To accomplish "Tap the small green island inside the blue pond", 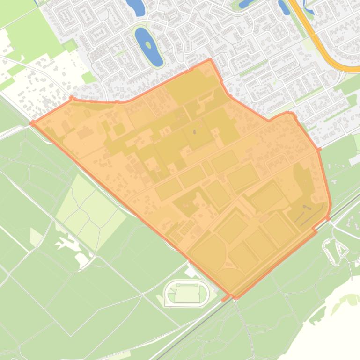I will tap(148, 45).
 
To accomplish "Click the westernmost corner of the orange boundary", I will tap(32, 123).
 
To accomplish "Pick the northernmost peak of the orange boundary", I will tap(210, 60).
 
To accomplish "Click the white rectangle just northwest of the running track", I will tap(191, 271).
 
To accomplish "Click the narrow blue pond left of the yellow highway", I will tap(284, 7).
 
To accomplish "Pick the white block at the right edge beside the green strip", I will tap(354, 159).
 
